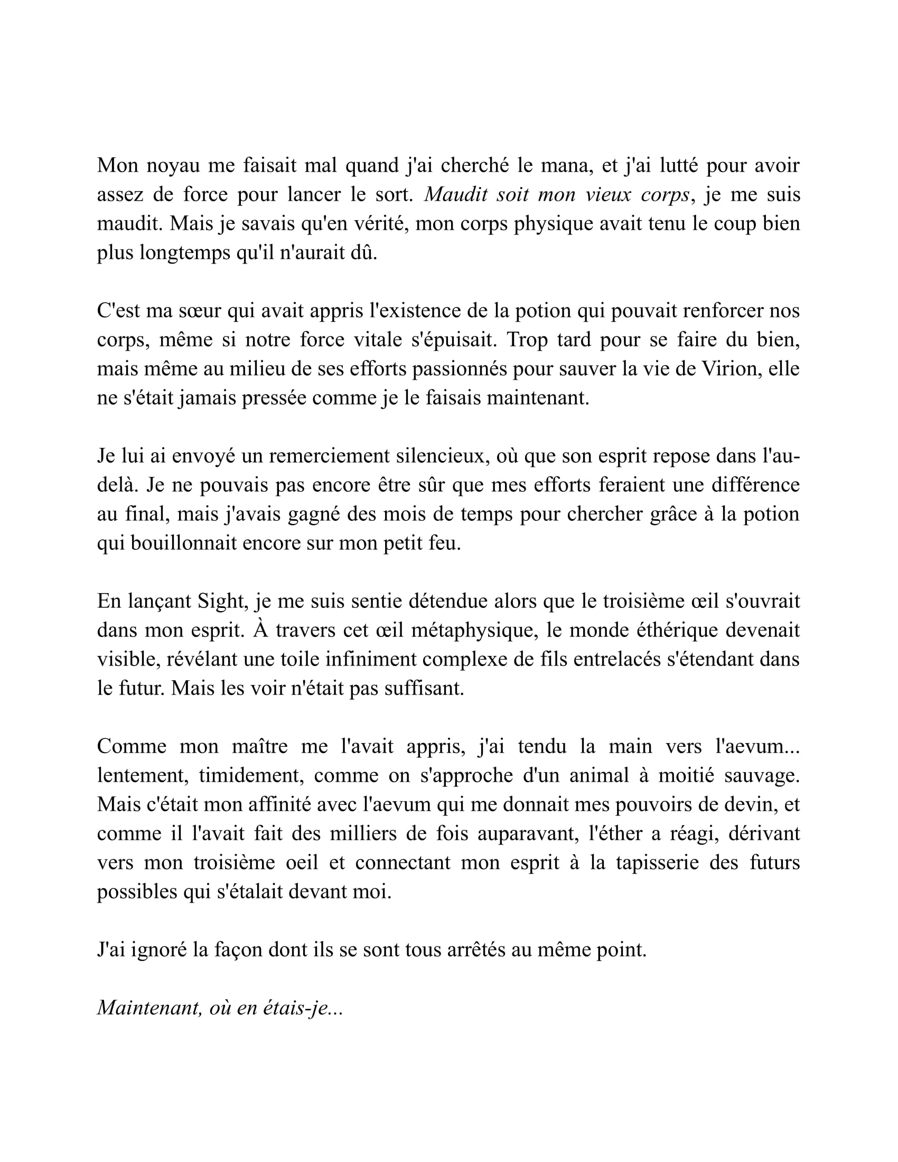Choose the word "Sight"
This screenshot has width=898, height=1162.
[x=221, y=601]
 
